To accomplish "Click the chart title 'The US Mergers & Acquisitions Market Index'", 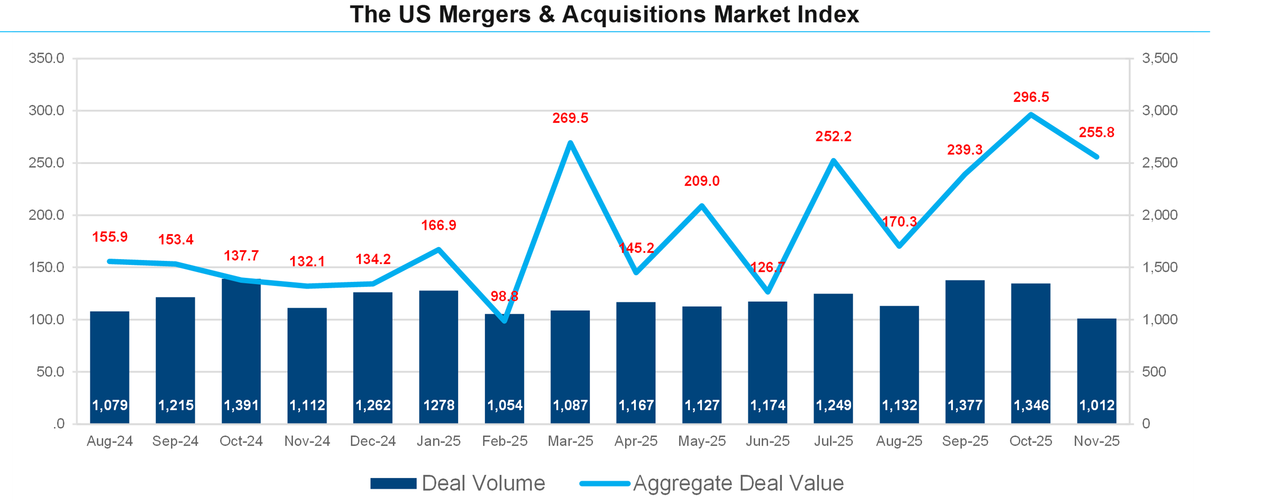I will pyautogui.click(x=604, y=14).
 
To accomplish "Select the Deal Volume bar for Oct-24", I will pyautogui.click(x=241, y=345).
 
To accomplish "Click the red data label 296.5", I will pyautogui.click(x=1031, y=97).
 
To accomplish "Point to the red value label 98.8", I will pyautogui.click(x=504, y=296).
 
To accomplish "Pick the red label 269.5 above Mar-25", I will pyautogui.click(x=570, y=118).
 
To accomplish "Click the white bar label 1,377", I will pyautogui.click(x=965, y=405).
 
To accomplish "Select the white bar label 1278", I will pyautogui.click(x=439, y=405).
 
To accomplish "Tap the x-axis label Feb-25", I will pyautogui.click(x=504, y=441).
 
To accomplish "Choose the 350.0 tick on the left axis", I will pyautogui.click(x=46, y=59).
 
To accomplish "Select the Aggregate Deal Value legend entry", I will pyautogui.click(x=711, y=483).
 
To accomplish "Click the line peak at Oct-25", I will pyautogui.click(x=1031, y=115).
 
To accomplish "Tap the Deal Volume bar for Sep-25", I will pyautogui.click(x=965, y=345).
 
